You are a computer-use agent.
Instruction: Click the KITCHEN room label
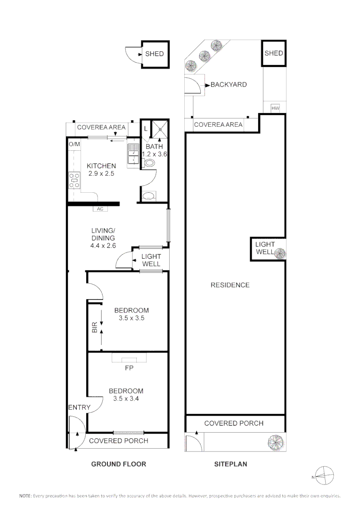101,166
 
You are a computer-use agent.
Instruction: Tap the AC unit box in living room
100,209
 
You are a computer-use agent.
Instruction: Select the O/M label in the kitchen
74,144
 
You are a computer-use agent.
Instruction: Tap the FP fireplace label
129,368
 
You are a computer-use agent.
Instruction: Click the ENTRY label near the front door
79,408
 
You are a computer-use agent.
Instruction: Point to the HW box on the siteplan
276,108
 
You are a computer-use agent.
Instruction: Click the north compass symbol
324,476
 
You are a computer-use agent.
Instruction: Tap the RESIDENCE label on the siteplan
230,285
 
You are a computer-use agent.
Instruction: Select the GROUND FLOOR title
118,464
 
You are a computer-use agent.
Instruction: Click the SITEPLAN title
230,464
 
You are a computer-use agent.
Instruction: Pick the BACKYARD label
229,85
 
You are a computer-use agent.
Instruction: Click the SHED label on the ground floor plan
154,54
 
